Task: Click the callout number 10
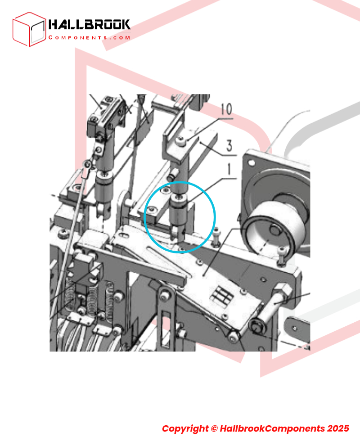[x=226, y=109]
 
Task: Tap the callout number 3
[x=229, y=145]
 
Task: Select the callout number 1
[x=229, y=169]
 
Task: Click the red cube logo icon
[x=29, y=29]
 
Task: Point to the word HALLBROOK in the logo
[x=89, y=24]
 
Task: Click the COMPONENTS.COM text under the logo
[x=89, y=37]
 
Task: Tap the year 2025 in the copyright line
[x=338, y=428]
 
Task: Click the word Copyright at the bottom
[x=185, y=428]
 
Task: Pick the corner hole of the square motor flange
[x=252, y=163]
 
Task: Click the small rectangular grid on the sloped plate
[x=222, y=295]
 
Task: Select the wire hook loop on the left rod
[x=87, y=164]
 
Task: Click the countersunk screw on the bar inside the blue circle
[x=151, y=210]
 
